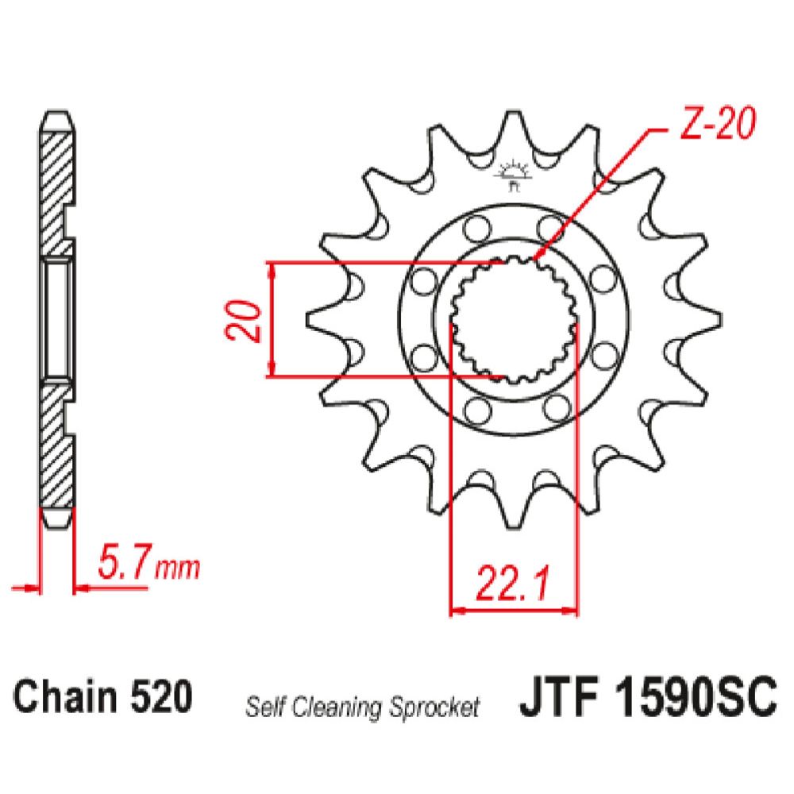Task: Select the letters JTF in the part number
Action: tap(557, 699)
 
